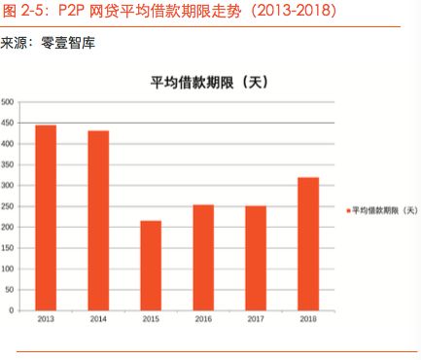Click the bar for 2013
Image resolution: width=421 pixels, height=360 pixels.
pos(45,217)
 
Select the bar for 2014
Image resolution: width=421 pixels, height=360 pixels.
pos(98,220)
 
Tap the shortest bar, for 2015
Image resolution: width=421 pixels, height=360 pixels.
pos(151,265)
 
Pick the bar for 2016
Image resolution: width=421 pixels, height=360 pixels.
pos(203,257)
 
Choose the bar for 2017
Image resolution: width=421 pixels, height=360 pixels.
pos(255,258)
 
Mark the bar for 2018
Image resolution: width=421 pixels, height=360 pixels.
pos(308,243)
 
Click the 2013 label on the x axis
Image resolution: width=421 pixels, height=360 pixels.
pos(45,319)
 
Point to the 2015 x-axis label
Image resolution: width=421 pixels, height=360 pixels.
pos(151,319)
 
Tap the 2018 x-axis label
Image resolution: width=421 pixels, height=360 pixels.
pos(308,319)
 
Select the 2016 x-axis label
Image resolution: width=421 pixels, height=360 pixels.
pos(203,319)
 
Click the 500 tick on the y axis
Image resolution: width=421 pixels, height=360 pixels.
pos(7,102)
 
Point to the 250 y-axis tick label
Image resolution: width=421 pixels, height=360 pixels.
pos(7,206)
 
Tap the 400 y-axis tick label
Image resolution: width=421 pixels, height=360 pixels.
pos(7,144)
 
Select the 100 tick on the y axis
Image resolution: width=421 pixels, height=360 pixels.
pos(7,269)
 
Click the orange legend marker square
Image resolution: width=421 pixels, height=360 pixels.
pos(347,210)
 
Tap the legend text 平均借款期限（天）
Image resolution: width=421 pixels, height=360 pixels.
pos(384,210)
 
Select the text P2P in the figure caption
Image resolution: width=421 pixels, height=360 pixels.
pos(73,12)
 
